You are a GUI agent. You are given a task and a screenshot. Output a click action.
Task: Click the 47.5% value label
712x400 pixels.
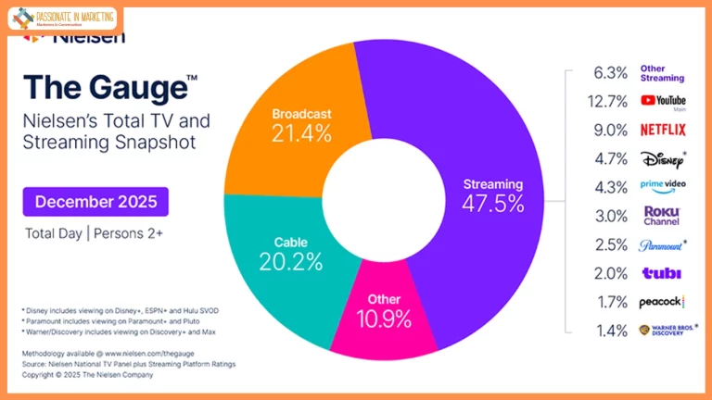[493, 204]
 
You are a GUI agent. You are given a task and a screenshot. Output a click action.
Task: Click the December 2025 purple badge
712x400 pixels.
[95, 201]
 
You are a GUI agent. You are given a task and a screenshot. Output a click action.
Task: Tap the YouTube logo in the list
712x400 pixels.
[663, 101]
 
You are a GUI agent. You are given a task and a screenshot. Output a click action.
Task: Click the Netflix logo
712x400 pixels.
[663, 130]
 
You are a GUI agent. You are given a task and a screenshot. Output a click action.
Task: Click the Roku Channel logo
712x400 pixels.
[662, 216]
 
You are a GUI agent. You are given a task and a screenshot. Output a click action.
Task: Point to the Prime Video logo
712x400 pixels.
[662, 187]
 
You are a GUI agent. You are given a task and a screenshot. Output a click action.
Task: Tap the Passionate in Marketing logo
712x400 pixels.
[63, 18]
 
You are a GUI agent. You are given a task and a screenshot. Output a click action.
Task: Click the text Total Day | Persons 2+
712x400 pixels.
[93, 233]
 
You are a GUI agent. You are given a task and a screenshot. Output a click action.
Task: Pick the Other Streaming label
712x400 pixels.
[662, 73]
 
